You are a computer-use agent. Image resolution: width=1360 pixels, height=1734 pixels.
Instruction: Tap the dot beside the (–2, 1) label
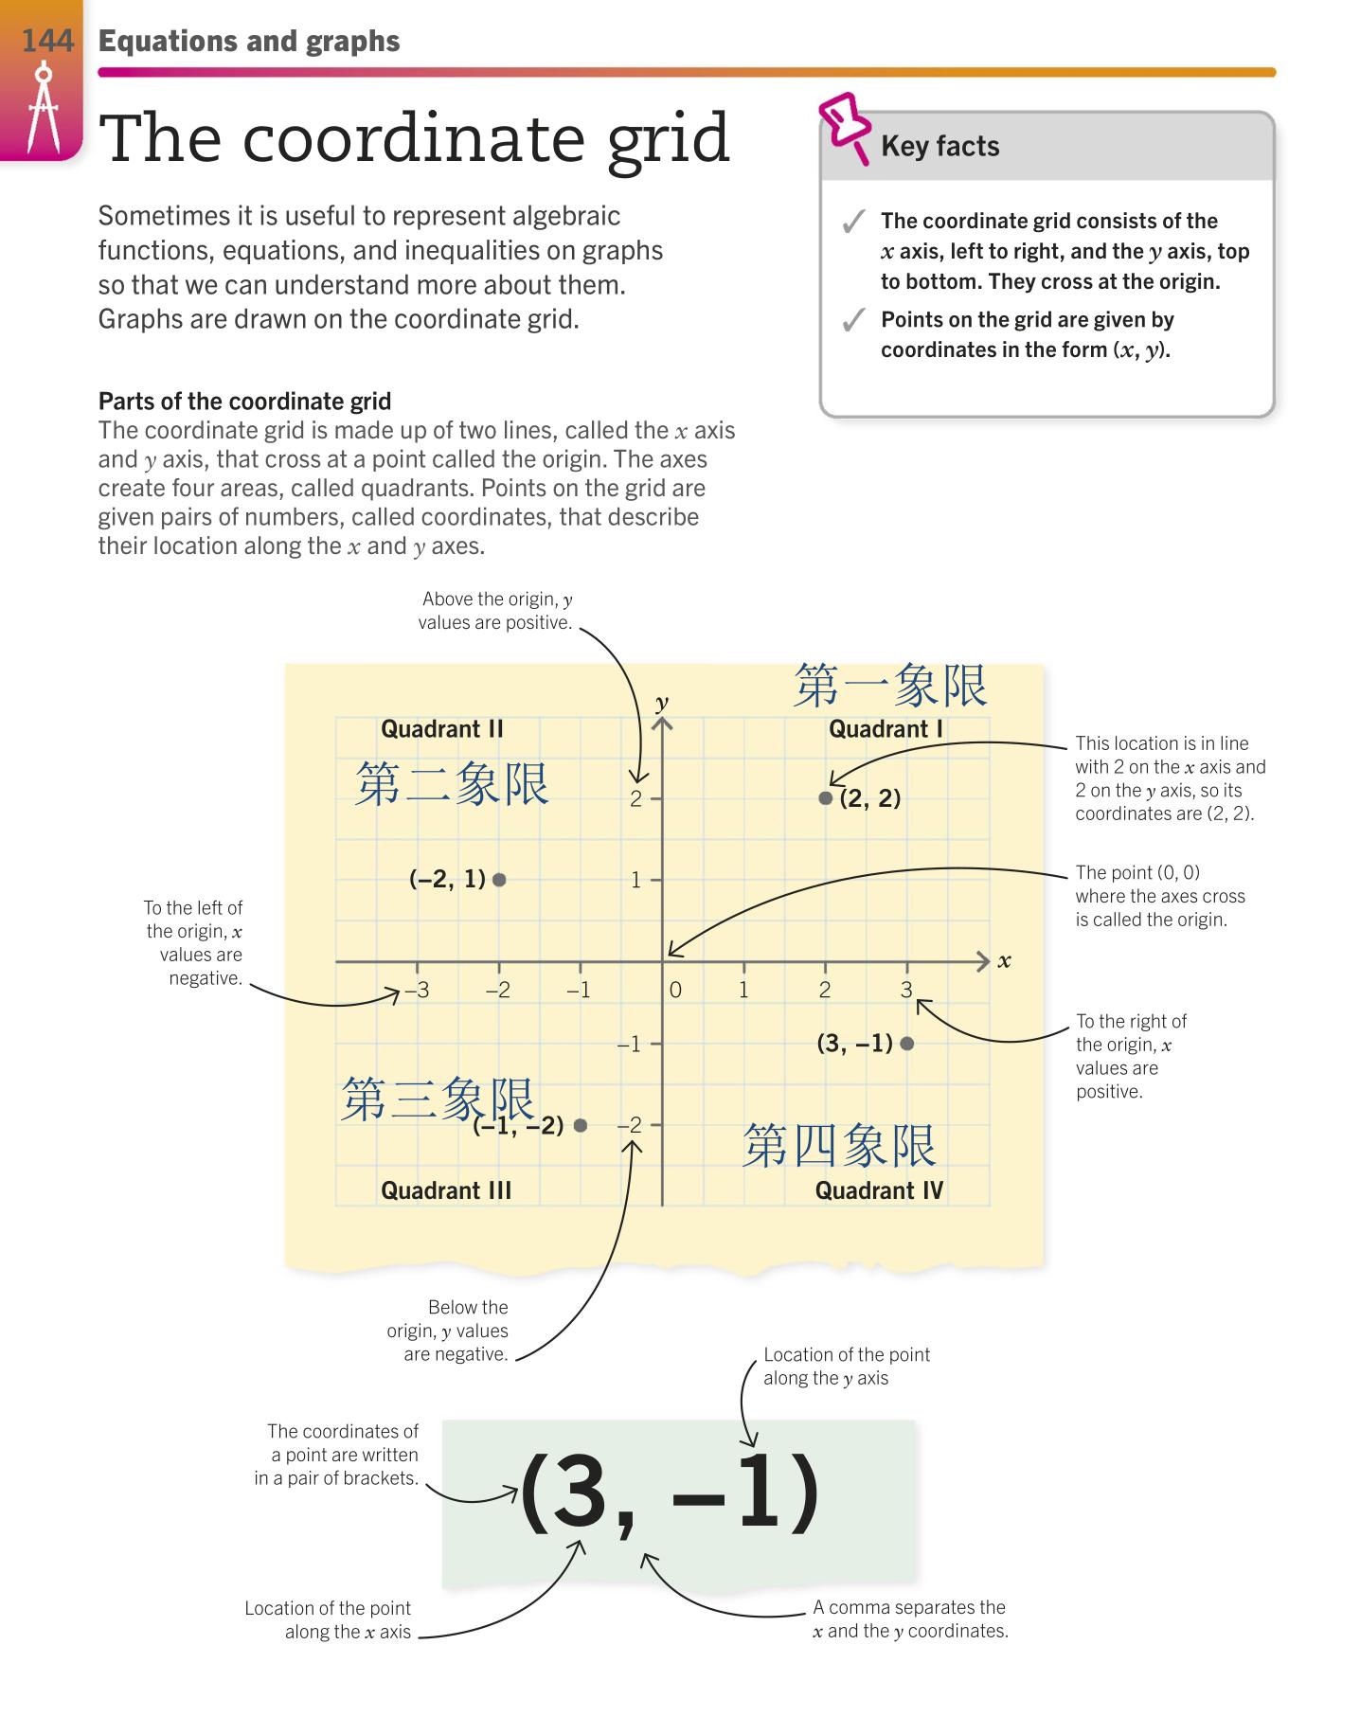(x=500, y=880)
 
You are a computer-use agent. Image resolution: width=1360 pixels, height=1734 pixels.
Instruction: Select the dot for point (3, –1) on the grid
(x=907, y=1044)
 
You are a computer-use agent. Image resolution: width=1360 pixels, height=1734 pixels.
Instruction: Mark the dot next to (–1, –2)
(x=581, y=1125)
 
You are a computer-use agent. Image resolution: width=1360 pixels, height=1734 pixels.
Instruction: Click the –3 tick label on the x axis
(x=417, y=991)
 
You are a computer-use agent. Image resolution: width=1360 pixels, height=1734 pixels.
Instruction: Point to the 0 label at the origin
(x=675, y=991)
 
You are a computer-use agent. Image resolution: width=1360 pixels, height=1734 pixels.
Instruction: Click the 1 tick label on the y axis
(x=636, y=881)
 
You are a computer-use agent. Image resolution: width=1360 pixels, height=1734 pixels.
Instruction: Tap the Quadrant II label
(x=442, y=729)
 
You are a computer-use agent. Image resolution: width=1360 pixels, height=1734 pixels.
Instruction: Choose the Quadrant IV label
(x=879, y=1190)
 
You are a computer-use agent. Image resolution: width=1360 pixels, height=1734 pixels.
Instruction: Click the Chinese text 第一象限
(x=890, y=686)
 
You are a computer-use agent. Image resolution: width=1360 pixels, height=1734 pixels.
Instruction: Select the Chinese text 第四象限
(x=839, y=1146)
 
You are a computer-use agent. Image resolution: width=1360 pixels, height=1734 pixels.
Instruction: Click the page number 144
(x=46, y=41)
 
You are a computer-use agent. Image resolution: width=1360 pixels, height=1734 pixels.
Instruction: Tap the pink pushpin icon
(x=846, y=127)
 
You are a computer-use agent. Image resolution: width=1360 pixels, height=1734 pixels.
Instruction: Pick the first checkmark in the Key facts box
(x=853, y=223)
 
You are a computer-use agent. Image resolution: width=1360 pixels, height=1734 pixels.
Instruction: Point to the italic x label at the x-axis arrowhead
(x=1005, y=962)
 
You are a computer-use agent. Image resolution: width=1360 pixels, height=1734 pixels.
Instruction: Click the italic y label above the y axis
(x=662, y=703)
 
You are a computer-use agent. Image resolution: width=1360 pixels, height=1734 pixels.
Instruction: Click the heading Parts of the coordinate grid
(x=244, y=402)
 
